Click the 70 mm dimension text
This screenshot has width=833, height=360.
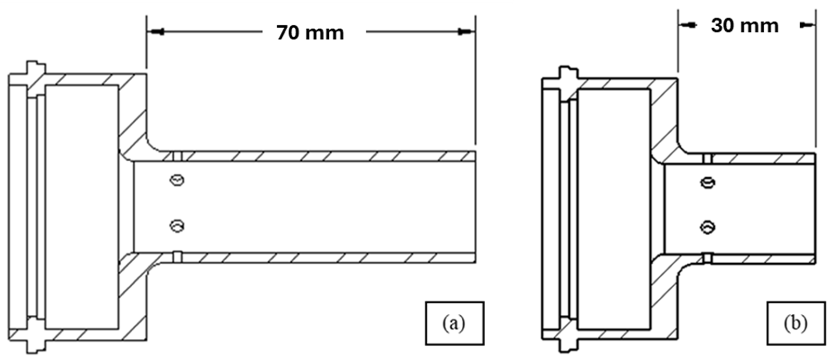[x=310, y=33]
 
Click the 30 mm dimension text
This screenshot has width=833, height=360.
[x=744, y=26]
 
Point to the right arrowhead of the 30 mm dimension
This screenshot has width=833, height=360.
[x=807, y=25]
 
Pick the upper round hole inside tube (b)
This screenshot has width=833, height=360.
[x=708, y=183]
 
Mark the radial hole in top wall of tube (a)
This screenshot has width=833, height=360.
[x=177, y=156]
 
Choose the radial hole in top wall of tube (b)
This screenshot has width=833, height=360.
[x=708, y=159]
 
